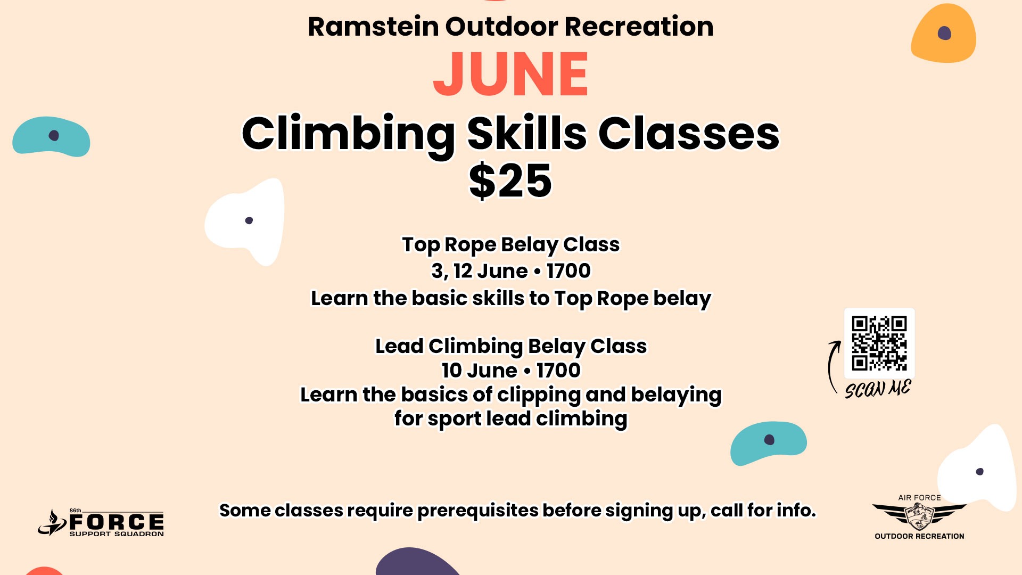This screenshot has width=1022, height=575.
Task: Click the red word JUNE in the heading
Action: click(x=510, y=74)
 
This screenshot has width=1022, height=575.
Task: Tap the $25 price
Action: click(x=510, y=181)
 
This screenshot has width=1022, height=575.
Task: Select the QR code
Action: click(x=879, y=343)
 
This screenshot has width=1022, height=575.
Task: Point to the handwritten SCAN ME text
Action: click(x=878, y=389)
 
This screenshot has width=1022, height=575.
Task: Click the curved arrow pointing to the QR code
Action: click(x=830, y=367)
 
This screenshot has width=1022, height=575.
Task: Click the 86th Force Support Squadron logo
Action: click(x=101, y=523)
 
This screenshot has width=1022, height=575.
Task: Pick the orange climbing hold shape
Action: click(x=944, y=33)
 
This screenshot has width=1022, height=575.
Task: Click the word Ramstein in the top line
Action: click(x=374, y=27)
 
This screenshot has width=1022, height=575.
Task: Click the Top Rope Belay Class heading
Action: click(x=510, y=245)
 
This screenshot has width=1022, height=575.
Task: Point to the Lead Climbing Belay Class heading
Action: click(x=510, y=347)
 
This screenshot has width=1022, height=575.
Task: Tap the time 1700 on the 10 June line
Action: click(x=558, y=371)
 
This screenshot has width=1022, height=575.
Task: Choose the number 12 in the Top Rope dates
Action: click(x=463, y=271)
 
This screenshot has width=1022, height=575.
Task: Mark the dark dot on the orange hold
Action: click(x=944, y=34)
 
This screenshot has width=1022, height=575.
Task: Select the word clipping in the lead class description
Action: click(x=538, y=395)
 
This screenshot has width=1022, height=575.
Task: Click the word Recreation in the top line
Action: click(x=639, y=27)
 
